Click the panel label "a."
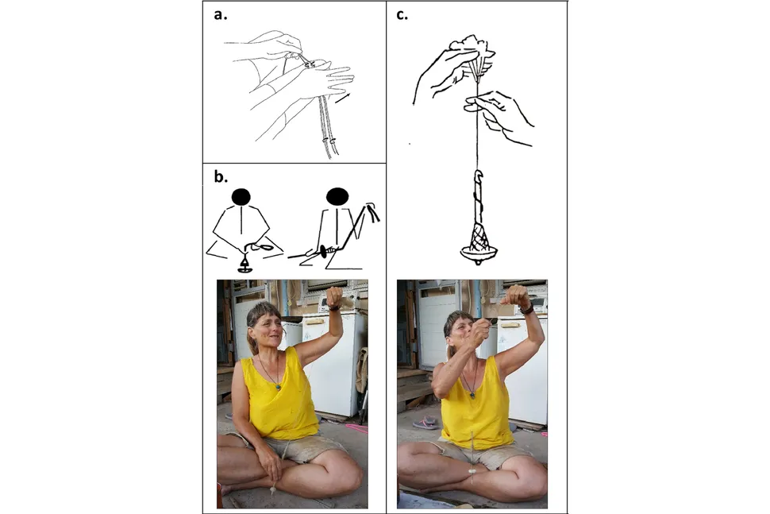tap(221, 15)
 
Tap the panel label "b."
tap(221, 176)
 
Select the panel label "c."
tap(402, 15)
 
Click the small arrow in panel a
tap(343, 99)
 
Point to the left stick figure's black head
tap(241, 197)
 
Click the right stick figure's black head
tap(337, 196)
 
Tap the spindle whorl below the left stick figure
tap(244, 266)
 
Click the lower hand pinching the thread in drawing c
tap(499, 115)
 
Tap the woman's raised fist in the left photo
tap(334, 296)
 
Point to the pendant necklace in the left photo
tap(278, 386)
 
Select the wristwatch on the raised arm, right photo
tap(527, 309)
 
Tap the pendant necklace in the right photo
tap(472, 393)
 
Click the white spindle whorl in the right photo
tap(472, 471)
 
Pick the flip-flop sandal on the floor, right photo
tap(426, 423)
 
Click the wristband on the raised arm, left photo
tap(335, 307)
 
